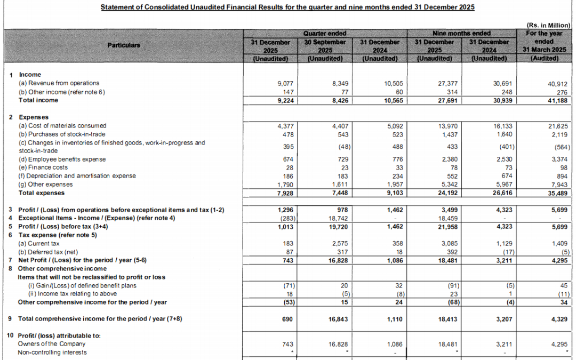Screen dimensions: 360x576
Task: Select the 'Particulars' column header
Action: coord(124,45)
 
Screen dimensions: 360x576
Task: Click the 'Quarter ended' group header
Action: coord(325,33)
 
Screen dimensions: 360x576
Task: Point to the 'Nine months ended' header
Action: coord(461,33)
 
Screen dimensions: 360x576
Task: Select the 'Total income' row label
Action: coord(38,100)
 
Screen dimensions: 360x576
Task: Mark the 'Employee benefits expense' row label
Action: coord(62,159)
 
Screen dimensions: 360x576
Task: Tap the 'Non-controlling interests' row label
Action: coord(52,353)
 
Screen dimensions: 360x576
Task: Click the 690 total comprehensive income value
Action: coord(289,319)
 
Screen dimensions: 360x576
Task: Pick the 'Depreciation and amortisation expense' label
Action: coord(77,176)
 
